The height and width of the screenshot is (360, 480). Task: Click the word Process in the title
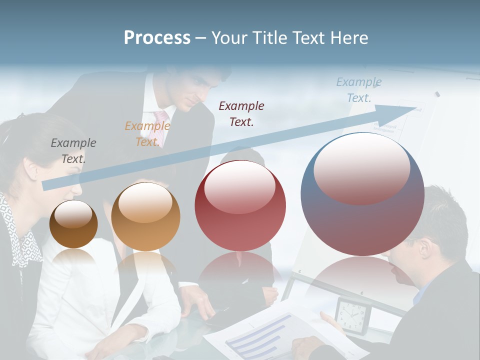[157, 38]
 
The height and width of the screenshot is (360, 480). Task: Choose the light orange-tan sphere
[145, 217]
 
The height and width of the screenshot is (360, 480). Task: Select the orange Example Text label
[147, 133]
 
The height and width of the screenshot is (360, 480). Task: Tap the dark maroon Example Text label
[241, 113]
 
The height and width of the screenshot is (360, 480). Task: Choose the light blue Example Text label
[359, 90]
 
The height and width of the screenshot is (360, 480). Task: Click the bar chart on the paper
[255, 335]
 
